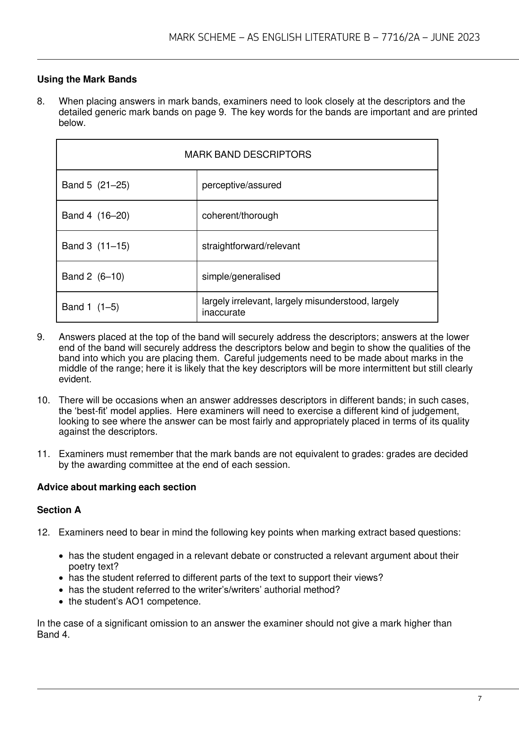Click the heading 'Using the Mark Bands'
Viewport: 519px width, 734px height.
tap(86, 79)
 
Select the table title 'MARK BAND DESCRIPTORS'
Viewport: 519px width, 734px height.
tap(247, 155)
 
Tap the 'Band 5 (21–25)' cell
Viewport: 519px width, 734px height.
tap(95, 185)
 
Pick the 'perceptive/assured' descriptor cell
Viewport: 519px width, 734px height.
tap(242, 185)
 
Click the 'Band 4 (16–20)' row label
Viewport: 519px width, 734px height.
tap(95, 216)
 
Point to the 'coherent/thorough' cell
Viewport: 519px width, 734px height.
tap(240, 216)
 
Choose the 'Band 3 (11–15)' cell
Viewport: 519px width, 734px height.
tap(95, 246)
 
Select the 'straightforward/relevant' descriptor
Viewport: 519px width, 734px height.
tap(251, 246)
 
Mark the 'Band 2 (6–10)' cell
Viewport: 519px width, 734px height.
tap(93, 276)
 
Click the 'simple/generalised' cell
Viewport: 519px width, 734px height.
tap(241, 276)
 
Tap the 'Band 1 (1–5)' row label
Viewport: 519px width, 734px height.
tap(90, 307)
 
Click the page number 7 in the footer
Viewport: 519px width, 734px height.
tap(480, 699)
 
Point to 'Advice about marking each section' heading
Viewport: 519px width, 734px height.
tap(117, 487)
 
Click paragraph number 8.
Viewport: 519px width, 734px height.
tap(41, 101)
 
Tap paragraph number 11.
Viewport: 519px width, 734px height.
tap(43, 454)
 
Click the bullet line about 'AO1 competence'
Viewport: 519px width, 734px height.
tap(134, 601)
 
